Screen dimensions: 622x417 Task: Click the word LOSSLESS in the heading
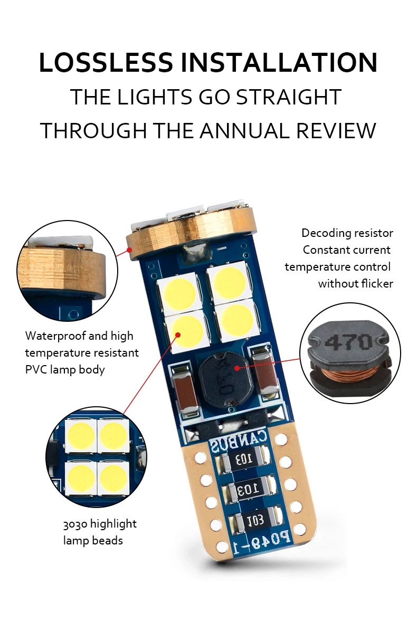point(106,63)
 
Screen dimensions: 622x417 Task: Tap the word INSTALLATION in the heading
point(279,63)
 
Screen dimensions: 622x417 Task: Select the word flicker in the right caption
point(377,283)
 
